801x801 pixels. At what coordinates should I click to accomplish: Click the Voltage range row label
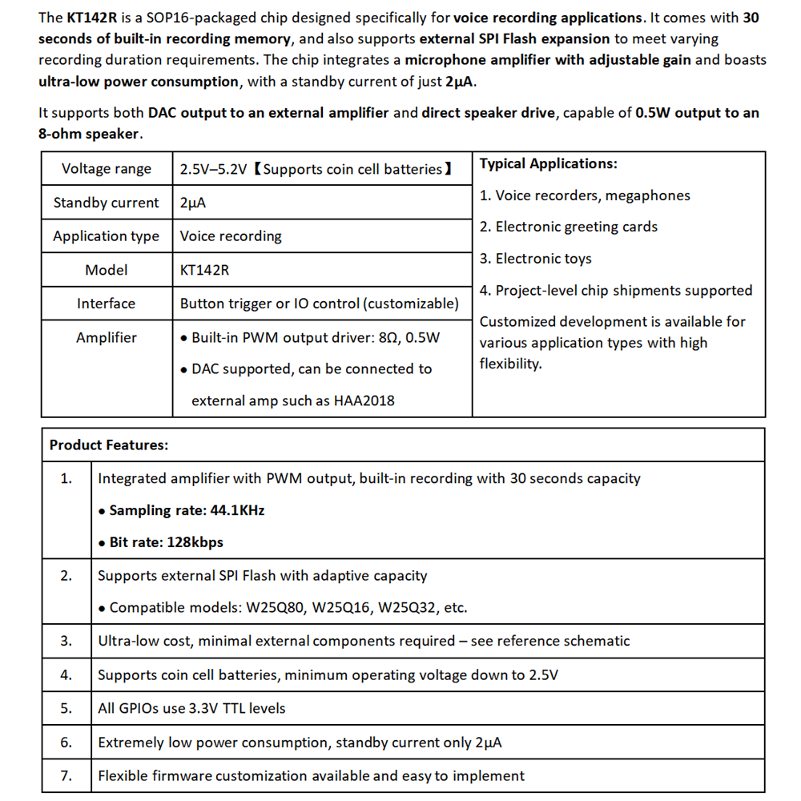click(x=107, y=169)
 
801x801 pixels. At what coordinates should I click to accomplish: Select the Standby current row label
click(x=107, y=203)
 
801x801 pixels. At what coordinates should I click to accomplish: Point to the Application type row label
click(x=107, y=236)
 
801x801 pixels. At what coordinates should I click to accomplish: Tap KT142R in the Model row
click(x=204, y=270)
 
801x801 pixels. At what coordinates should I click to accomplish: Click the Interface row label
click(x=107, y=304)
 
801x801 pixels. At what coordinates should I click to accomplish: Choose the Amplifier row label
click(x=107, y=337)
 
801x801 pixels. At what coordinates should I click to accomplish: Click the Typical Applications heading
click(x=549, y=163)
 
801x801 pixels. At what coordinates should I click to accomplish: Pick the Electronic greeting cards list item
click(x=569, y=227)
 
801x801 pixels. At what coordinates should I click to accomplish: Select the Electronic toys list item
click(x=536, y=259)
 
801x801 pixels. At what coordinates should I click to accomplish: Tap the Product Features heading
click(x=109, y=445)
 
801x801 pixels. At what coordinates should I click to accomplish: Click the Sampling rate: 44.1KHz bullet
click(x=181, y=510)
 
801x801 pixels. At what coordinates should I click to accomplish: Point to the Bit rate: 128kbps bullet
click(x=160, y=542)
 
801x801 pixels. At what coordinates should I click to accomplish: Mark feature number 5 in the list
click(x=66, y=708)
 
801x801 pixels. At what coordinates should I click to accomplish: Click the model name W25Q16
click(x=341, y=607)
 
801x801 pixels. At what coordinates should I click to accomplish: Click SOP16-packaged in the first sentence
click(x=194, y=18)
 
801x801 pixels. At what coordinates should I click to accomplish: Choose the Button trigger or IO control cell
click(x=320, y=304)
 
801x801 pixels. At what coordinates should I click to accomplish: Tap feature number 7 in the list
click(x=66, y=775)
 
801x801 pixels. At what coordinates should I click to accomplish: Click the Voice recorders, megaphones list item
click(x=585, y=195)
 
